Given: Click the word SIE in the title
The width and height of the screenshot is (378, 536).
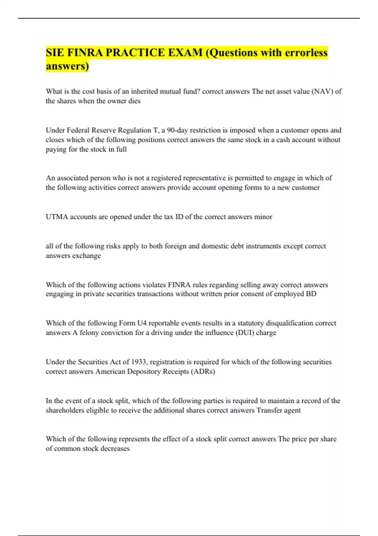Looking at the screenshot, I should coord(55,53).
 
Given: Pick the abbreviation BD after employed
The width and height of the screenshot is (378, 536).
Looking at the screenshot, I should coord(311,294).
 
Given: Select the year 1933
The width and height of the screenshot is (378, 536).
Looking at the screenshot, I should coord(138,362).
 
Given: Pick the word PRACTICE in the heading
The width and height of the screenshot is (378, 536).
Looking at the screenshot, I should coord(135,53).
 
